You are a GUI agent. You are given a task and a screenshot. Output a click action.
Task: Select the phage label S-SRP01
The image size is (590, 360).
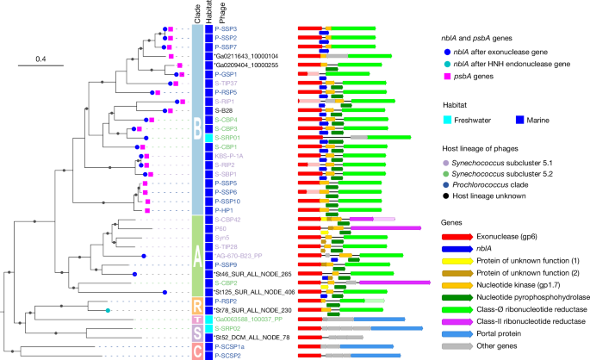point(229,137)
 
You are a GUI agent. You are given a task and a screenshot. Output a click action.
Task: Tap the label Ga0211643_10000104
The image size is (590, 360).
point(252,56)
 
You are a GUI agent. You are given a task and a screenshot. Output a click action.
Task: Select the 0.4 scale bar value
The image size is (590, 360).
point(40,59)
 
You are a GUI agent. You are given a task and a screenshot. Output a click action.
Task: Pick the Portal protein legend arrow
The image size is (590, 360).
point(452,332)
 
